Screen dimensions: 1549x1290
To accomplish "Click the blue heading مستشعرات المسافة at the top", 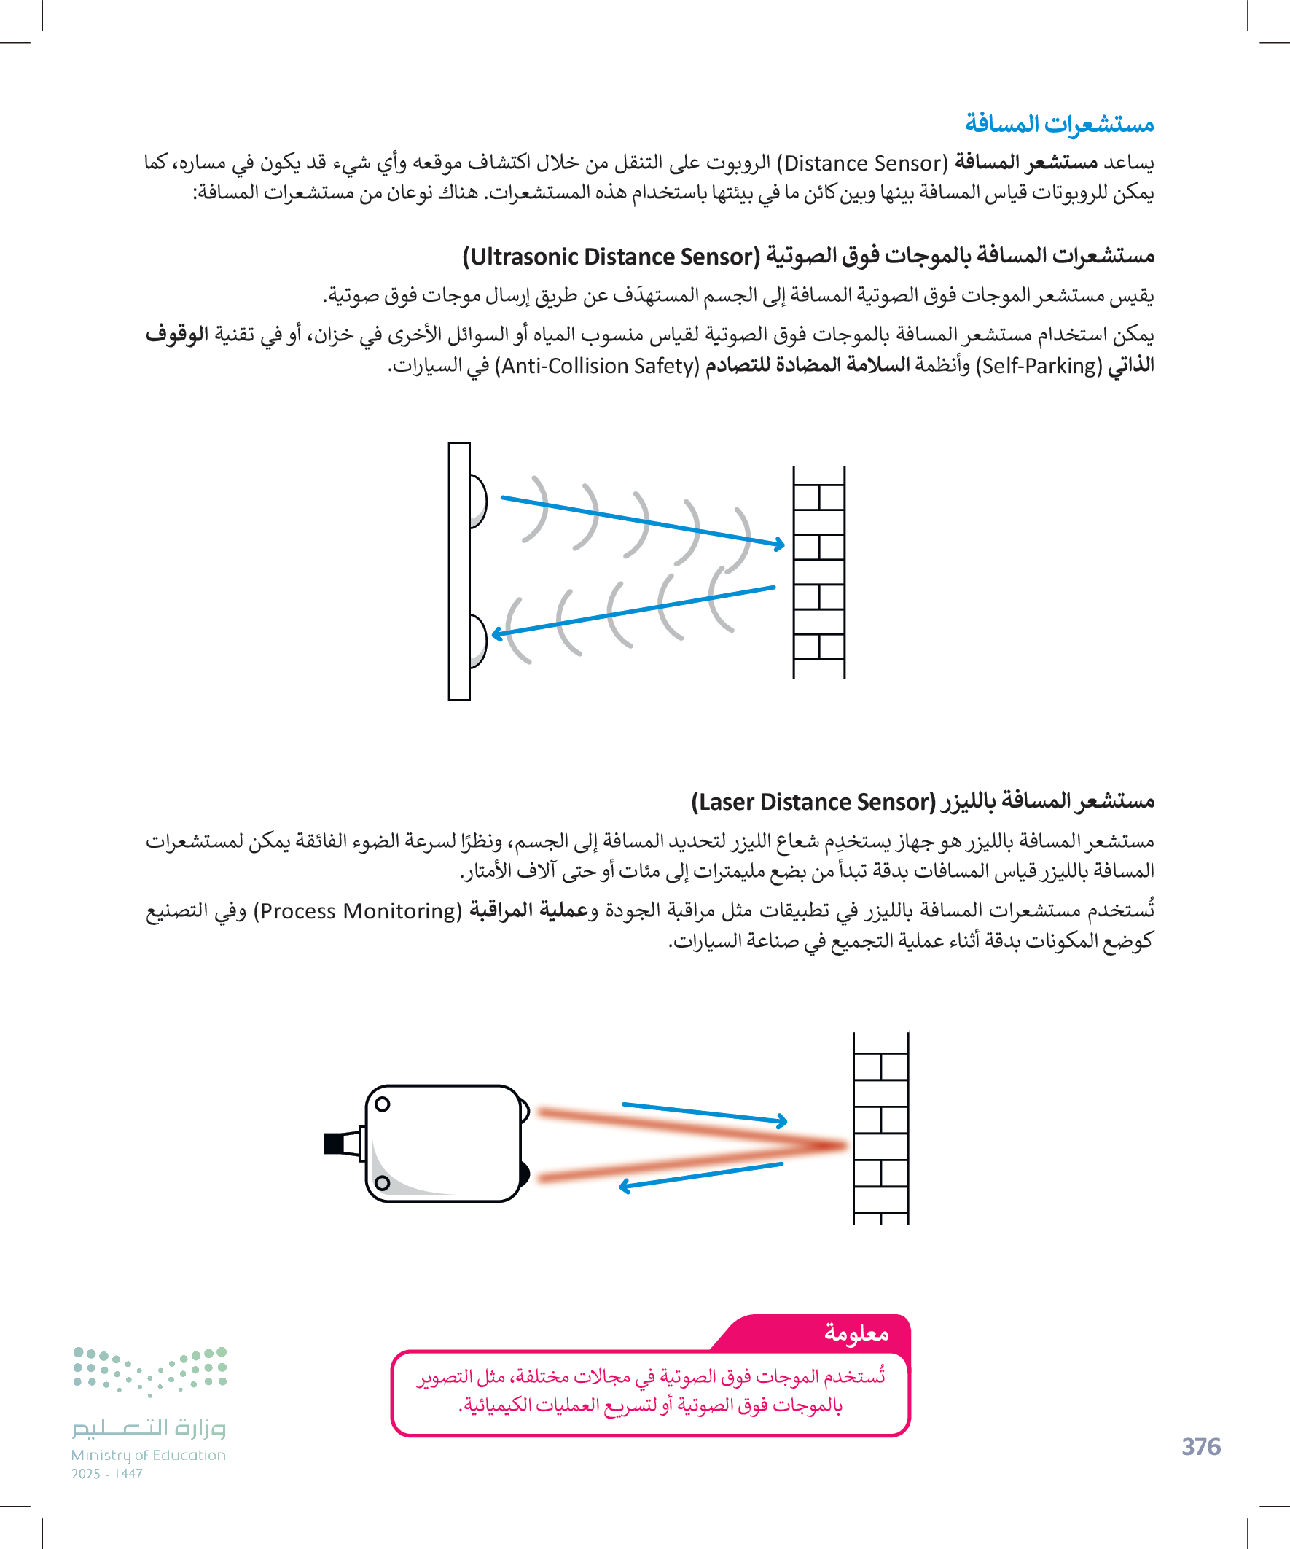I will pos(1059,124).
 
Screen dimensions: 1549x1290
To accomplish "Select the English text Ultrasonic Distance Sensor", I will pos(611,257).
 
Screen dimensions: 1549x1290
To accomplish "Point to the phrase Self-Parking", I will pos(1039,366).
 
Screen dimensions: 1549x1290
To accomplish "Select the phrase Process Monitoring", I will pos(357,912).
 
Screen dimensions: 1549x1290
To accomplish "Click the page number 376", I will pos(1201,1446).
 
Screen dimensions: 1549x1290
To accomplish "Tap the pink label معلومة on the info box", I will pos(856,1334).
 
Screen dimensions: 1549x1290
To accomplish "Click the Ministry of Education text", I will pos(148,1455).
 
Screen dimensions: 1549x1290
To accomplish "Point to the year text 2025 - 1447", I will pos(107,1474).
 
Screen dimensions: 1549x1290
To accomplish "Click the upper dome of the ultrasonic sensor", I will pos(478,502).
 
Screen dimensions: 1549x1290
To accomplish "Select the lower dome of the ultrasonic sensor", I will pos(478,640).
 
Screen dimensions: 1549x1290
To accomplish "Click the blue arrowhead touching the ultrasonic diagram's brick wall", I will pos(780,545).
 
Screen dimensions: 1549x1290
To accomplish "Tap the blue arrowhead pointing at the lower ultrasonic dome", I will pos(497,633).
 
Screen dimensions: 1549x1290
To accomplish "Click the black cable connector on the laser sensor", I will pos(335,1143).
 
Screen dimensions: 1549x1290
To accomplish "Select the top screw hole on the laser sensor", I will pos(382,1104).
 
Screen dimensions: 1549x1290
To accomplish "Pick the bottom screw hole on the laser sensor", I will pos(382,1183).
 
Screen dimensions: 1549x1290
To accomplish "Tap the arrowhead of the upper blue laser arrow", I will pos(782,1121).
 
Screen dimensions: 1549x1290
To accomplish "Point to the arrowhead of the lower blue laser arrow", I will pos(625,1186).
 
